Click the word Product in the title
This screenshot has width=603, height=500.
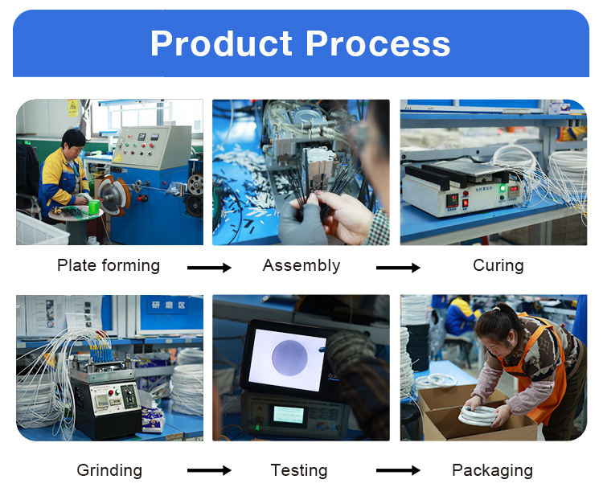(x=222, y=43)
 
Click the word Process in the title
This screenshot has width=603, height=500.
(x=378, y=43)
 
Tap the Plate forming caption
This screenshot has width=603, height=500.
(x=109, y=265)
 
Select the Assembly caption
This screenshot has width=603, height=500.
(x=301, y=266)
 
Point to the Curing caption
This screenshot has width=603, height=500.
(x=498, y=266)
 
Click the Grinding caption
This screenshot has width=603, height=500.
(x=109, y=470)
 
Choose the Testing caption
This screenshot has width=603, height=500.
(x=299, y=470)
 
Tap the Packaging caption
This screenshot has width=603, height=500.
(x=493, y=470)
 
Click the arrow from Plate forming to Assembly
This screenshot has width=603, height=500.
(x=209, y=268)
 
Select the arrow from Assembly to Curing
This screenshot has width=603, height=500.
(x=398, y=268)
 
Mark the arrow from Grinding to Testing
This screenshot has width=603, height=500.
(x=209, y=470)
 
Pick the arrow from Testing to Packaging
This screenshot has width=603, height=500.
(x=398, y=470)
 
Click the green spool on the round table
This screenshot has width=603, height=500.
(x=94, y=207)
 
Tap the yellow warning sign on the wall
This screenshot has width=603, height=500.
(x=73, y=108)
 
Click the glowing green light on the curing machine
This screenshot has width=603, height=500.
(x=502, y=188)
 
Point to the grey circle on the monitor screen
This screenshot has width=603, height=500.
(x=289, y=358)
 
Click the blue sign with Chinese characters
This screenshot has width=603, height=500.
(x=169, y=305)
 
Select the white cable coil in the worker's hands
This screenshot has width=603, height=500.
(x=478, y=416)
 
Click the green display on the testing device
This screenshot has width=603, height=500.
(x=289, y=416)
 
